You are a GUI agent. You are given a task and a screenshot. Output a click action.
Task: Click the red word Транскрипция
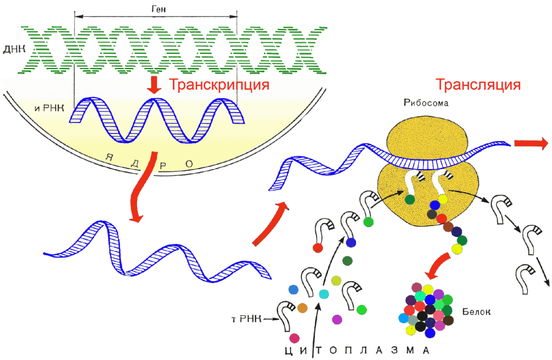219,85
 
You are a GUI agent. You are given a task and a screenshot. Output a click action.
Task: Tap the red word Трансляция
478,84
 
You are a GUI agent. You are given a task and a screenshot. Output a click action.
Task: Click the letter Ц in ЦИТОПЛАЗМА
288,350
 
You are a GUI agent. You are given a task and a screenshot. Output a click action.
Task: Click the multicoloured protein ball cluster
427,309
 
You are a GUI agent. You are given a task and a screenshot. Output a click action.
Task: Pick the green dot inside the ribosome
410,199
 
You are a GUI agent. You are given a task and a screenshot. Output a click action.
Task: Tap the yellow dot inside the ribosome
443,199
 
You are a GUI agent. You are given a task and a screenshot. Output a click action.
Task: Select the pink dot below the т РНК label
295,337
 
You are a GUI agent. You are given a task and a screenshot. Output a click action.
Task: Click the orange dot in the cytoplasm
303,308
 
